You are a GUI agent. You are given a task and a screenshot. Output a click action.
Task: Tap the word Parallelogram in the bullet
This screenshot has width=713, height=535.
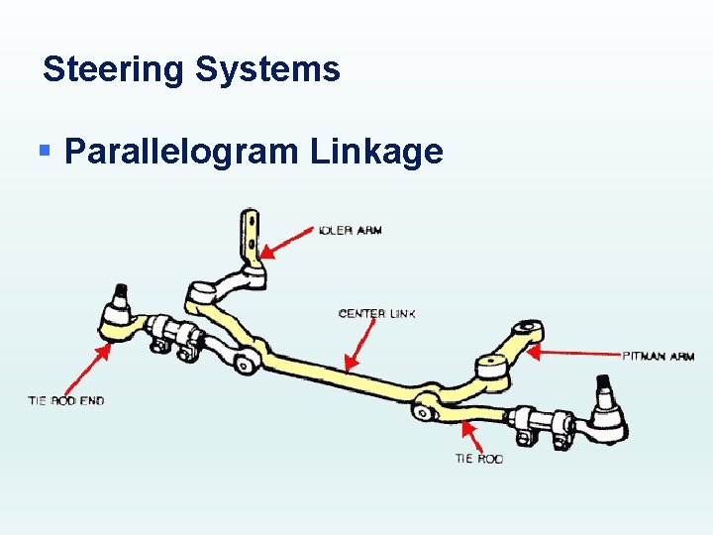[180, 152]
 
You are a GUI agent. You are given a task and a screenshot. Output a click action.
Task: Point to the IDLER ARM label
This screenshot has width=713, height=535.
[351, 230]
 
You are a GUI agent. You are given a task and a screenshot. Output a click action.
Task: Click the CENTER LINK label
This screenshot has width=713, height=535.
[377, 313]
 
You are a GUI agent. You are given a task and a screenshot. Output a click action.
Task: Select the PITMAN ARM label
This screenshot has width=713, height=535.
[658, 356]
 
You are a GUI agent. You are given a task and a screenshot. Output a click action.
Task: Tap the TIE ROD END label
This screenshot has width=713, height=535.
[65, 400]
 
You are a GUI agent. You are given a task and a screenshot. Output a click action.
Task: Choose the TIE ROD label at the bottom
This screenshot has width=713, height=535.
[479, 459]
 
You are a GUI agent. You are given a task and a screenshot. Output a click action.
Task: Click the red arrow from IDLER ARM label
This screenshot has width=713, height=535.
[287, 242]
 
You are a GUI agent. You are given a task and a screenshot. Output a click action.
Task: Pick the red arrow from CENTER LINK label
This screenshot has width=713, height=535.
[360, 347]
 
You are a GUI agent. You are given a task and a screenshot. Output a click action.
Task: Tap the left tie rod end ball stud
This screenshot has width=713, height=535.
[120, 294]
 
